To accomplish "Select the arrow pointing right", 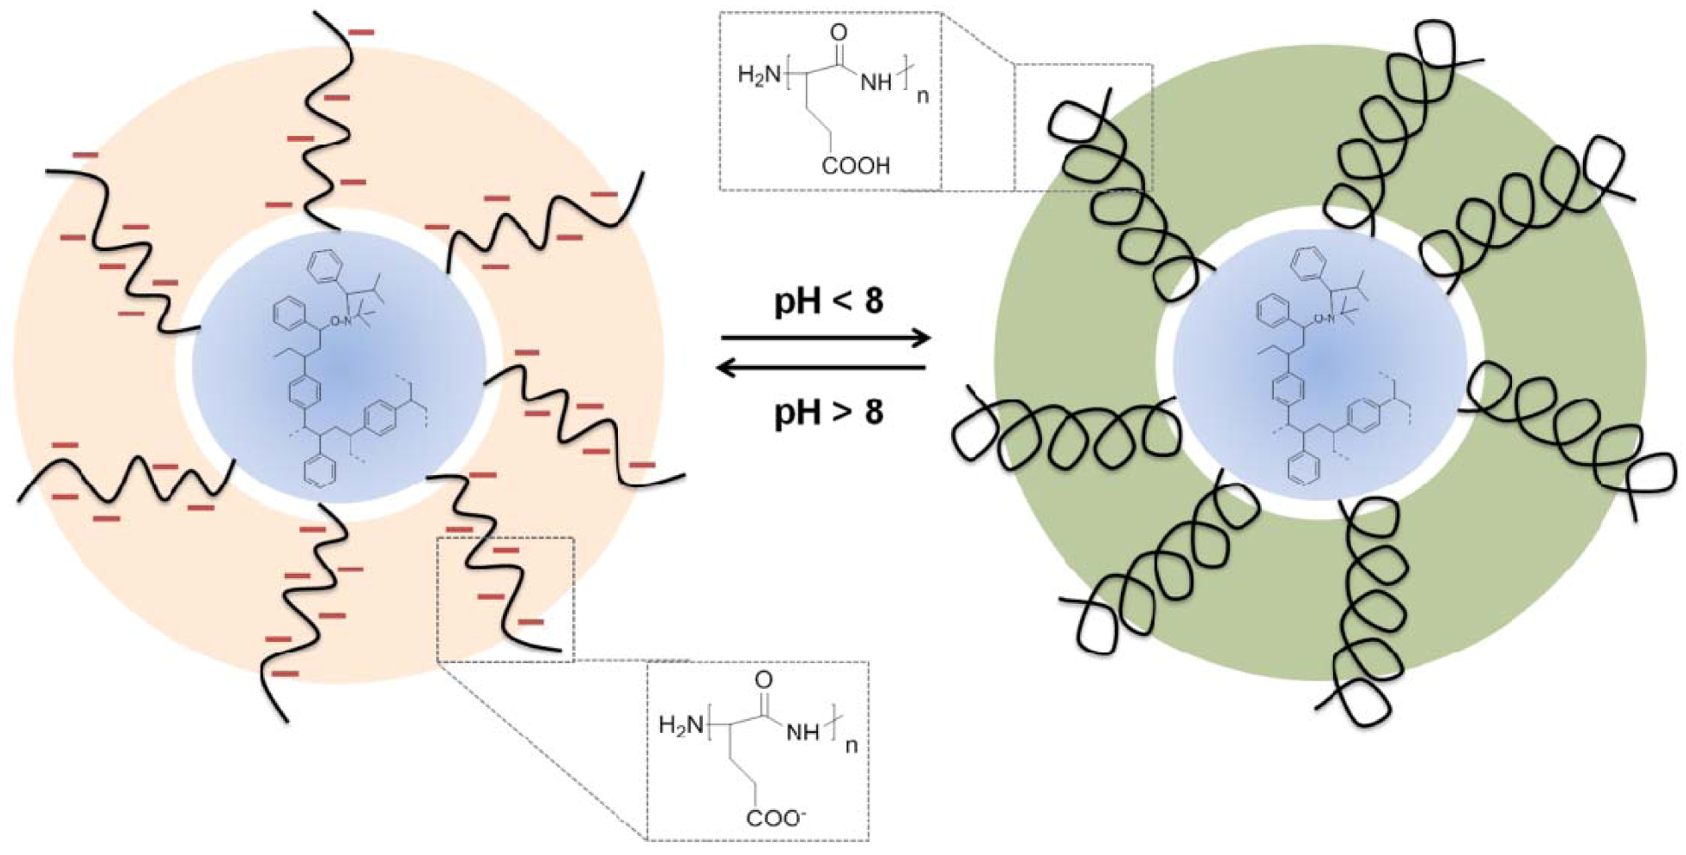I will (x=826, y=337).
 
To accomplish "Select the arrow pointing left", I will (x=821, y=370).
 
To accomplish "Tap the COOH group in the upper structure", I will (x=855, y=165).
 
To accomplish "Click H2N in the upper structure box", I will (x=759, y=75).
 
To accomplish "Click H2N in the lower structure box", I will (x=681, y=724).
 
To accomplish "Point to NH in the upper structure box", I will (x=876, y=83).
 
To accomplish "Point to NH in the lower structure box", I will (x=801, y=732).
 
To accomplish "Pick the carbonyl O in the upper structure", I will (x=838, y=33).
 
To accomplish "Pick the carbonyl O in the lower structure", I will (x=763, y=680).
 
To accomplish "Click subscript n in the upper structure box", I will (x=922, y=95).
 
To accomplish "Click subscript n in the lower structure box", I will (x=851, y=744).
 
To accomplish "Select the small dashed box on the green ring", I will (x=1083, y=126).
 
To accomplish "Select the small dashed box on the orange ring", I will (x=505, y=599).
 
